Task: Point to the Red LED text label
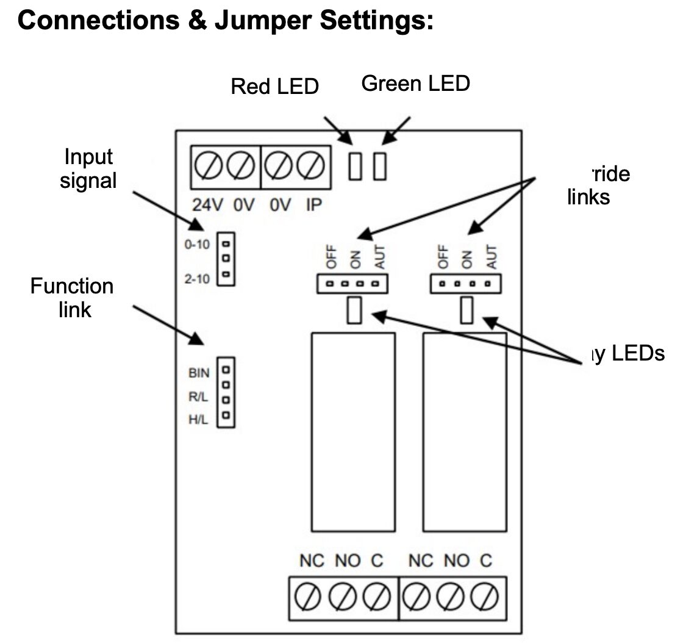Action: tap(274, 87)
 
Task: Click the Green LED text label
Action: tap(415, 83)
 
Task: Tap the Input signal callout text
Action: tap(88, 169)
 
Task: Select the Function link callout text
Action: tap(72, 298)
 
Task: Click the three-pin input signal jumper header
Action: tap(226, 259)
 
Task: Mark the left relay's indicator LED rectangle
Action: tap(354, 311)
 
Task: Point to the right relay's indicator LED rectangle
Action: tap(467, 311)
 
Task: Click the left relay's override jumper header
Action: tap(352, 284)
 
